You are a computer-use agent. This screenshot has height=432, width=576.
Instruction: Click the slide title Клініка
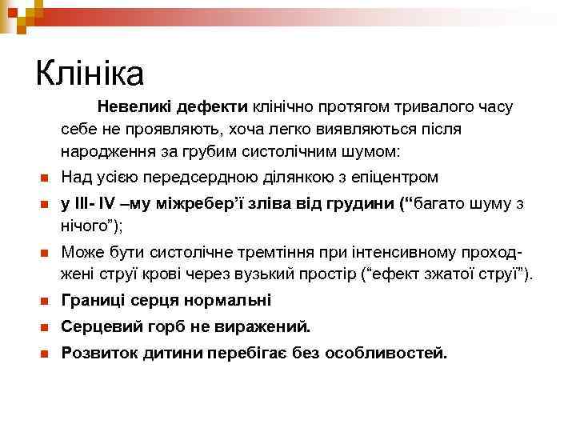pos(90,74)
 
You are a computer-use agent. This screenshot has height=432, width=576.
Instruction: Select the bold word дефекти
pos(213,106)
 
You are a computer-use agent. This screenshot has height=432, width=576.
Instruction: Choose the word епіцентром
pos(394,177)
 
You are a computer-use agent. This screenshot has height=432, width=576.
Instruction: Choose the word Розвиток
pos(98,353)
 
